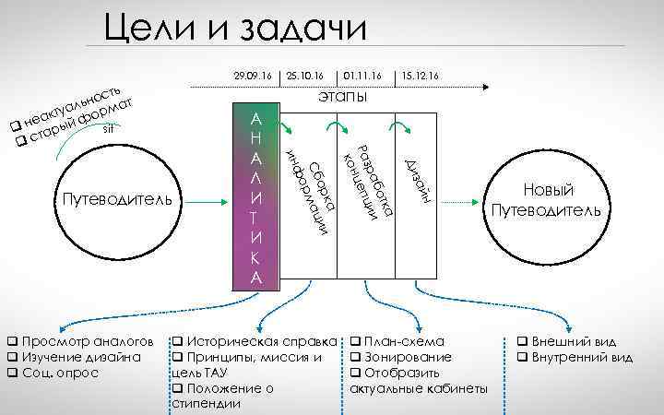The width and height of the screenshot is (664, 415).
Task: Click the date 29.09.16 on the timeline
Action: pos(253,75)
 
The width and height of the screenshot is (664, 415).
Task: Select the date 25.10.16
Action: pos(305,75)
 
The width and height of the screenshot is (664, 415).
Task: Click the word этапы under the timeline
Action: pos(340,96)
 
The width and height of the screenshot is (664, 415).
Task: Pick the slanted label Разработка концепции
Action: pos(368,181)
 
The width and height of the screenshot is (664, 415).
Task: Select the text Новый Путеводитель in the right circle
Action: pos(548,200)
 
